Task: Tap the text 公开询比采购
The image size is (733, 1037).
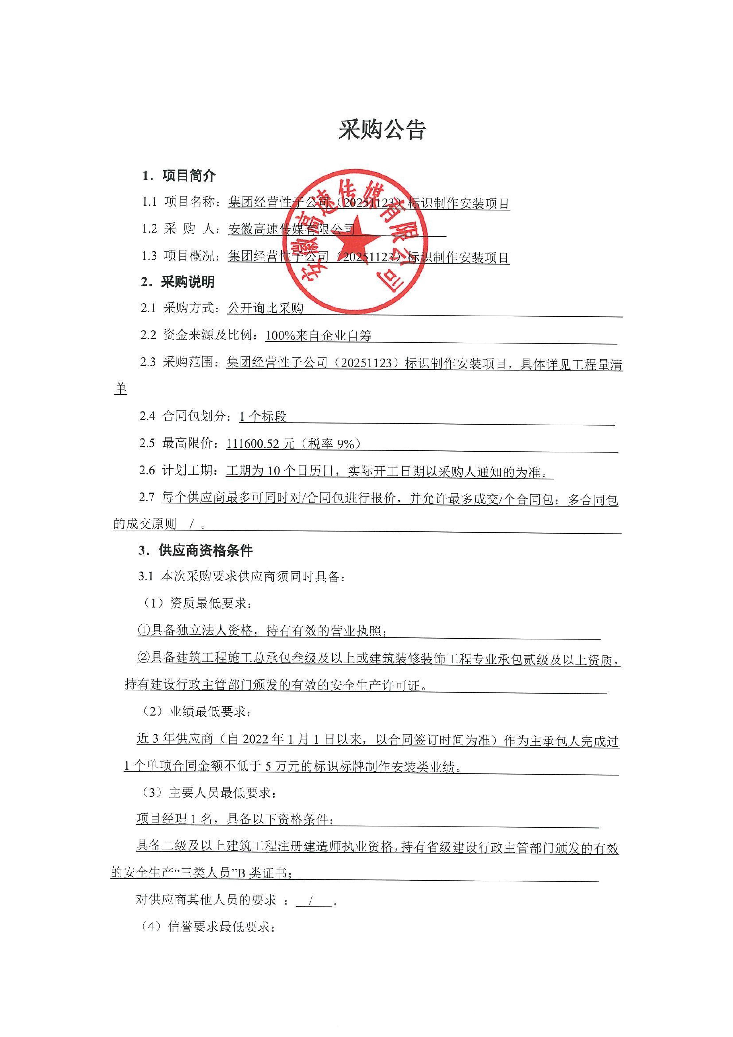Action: click(266, 308)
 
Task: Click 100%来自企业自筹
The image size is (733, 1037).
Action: click(318, 336)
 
